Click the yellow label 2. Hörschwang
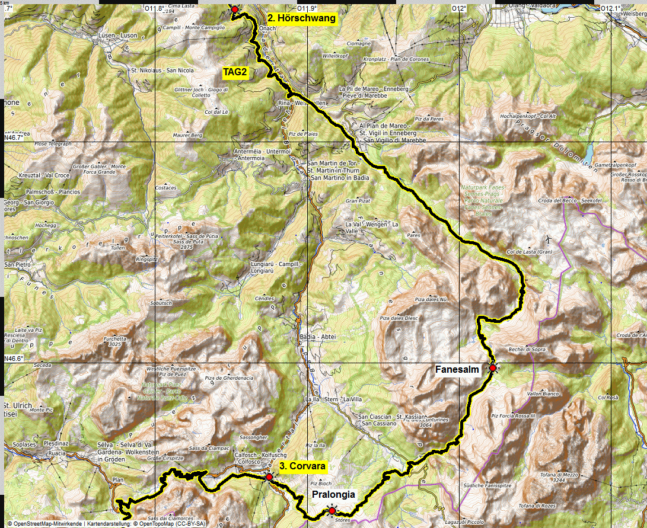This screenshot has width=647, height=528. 301,18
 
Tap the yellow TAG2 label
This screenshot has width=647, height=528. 234,73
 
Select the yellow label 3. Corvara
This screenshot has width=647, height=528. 302,466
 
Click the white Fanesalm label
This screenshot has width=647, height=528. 457,369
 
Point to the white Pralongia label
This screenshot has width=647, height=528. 333,495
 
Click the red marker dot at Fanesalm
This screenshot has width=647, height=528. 492,368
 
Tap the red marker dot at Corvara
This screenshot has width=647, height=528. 269,476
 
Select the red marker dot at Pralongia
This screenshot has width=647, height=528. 332,511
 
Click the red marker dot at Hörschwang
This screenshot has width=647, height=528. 234,9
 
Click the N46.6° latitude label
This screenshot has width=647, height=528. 14,359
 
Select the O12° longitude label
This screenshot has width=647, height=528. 458,8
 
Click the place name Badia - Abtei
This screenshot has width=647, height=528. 318,337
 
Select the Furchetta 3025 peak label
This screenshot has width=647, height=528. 114,341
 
